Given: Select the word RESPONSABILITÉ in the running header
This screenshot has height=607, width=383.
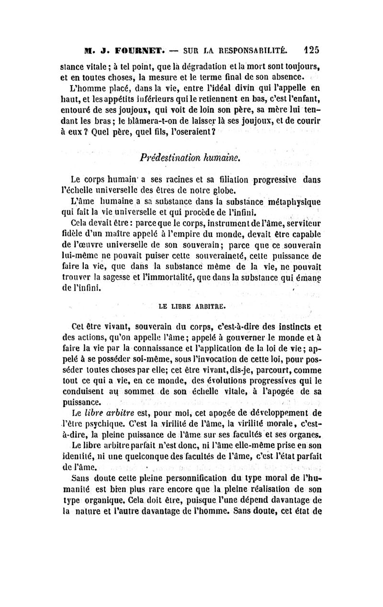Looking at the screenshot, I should [x=252, y=50].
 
